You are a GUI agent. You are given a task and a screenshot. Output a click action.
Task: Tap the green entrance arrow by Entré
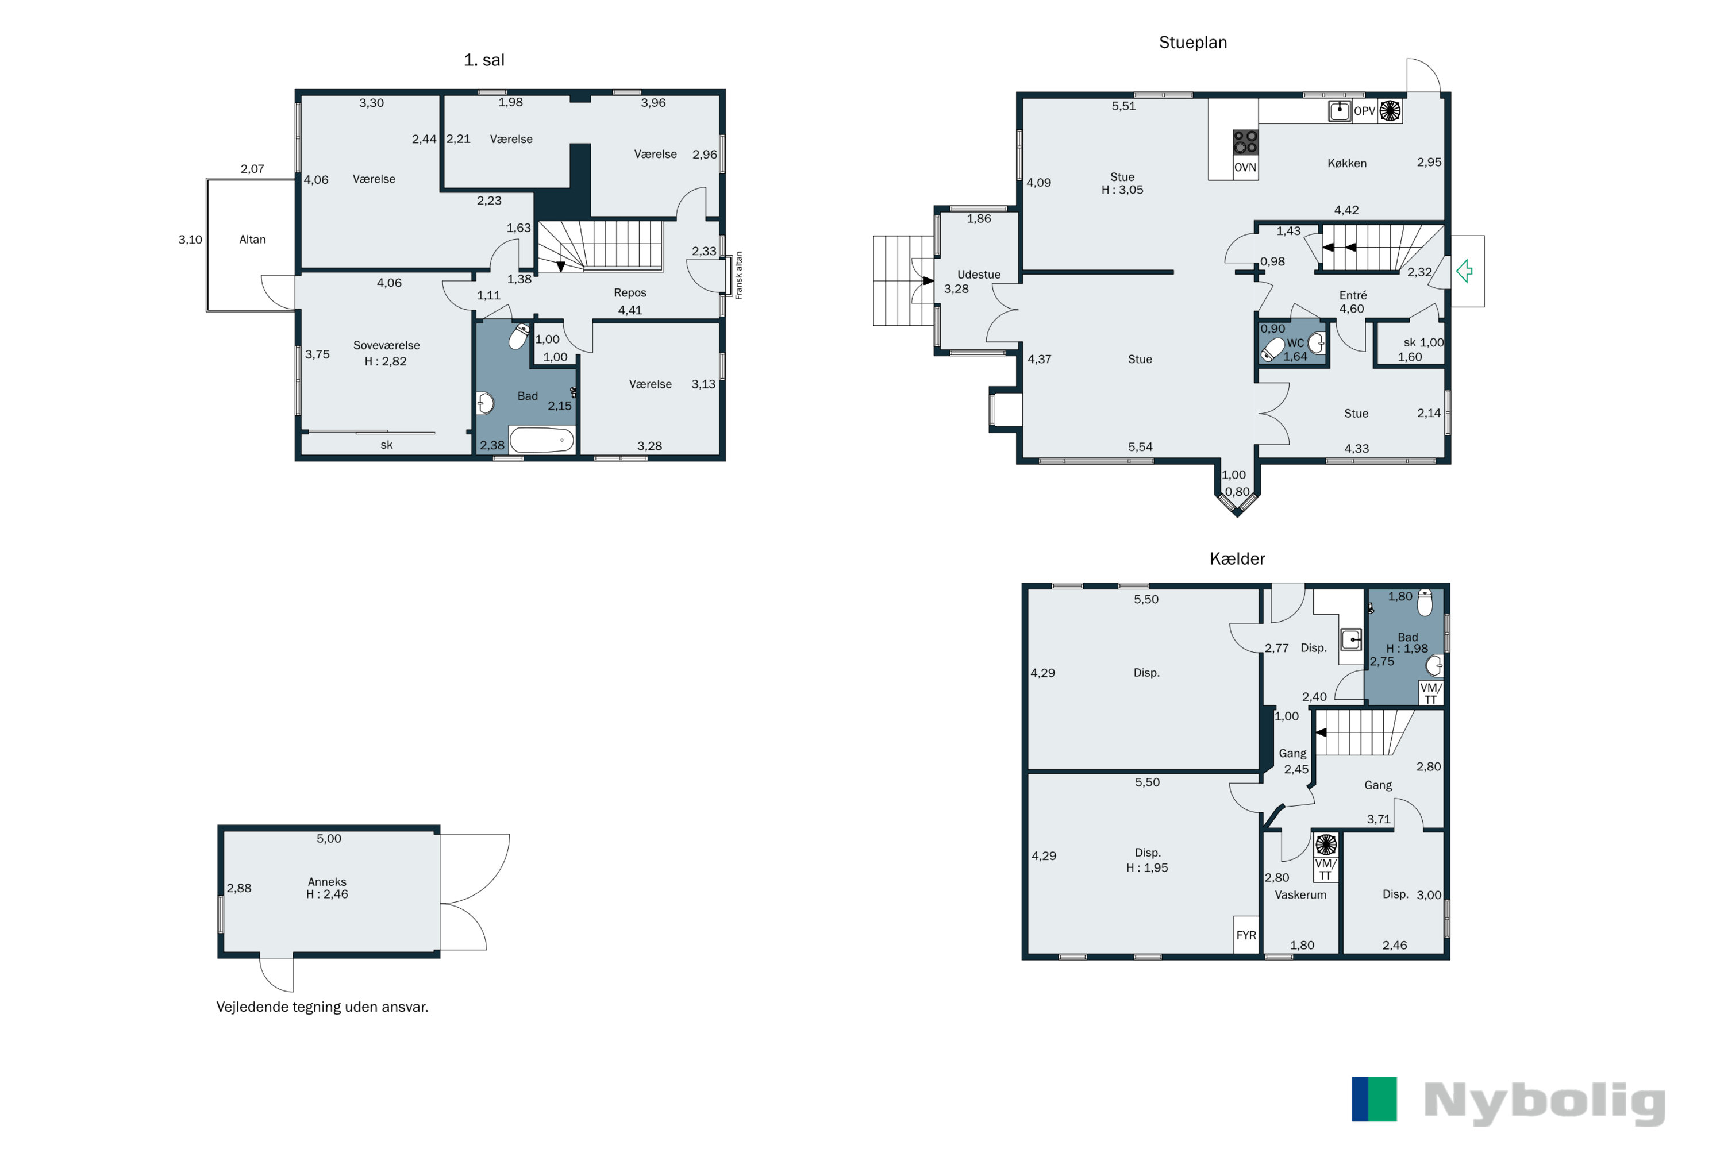1464,271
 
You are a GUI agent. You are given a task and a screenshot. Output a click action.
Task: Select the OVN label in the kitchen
1245,167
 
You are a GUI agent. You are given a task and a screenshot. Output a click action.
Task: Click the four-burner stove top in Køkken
1245,141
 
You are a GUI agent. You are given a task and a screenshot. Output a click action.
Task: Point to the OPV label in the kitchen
1364,111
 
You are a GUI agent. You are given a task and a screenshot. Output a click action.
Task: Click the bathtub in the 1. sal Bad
542,441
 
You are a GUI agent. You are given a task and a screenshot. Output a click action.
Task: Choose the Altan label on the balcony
253,240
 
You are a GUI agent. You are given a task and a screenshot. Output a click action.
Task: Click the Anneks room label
327,881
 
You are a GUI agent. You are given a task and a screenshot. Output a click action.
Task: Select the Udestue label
979,275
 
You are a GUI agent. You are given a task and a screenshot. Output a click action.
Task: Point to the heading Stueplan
1192,43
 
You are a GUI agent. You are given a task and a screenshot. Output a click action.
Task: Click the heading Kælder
1237,558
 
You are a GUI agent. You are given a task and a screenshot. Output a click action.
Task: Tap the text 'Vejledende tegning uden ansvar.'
322,1007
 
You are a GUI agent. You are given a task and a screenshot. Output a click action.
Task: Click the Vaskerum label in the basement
1300,894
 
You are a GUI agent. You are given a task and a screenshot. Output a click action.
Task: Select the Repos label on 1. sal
630,292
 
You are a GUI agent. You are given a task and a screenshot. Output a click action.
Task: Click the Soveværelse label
386,345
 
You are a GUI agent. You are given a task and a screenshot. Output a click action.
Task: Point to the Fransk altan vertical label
739,276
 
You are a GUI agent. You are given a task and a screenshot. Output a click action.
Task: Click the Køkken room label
1347,163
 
